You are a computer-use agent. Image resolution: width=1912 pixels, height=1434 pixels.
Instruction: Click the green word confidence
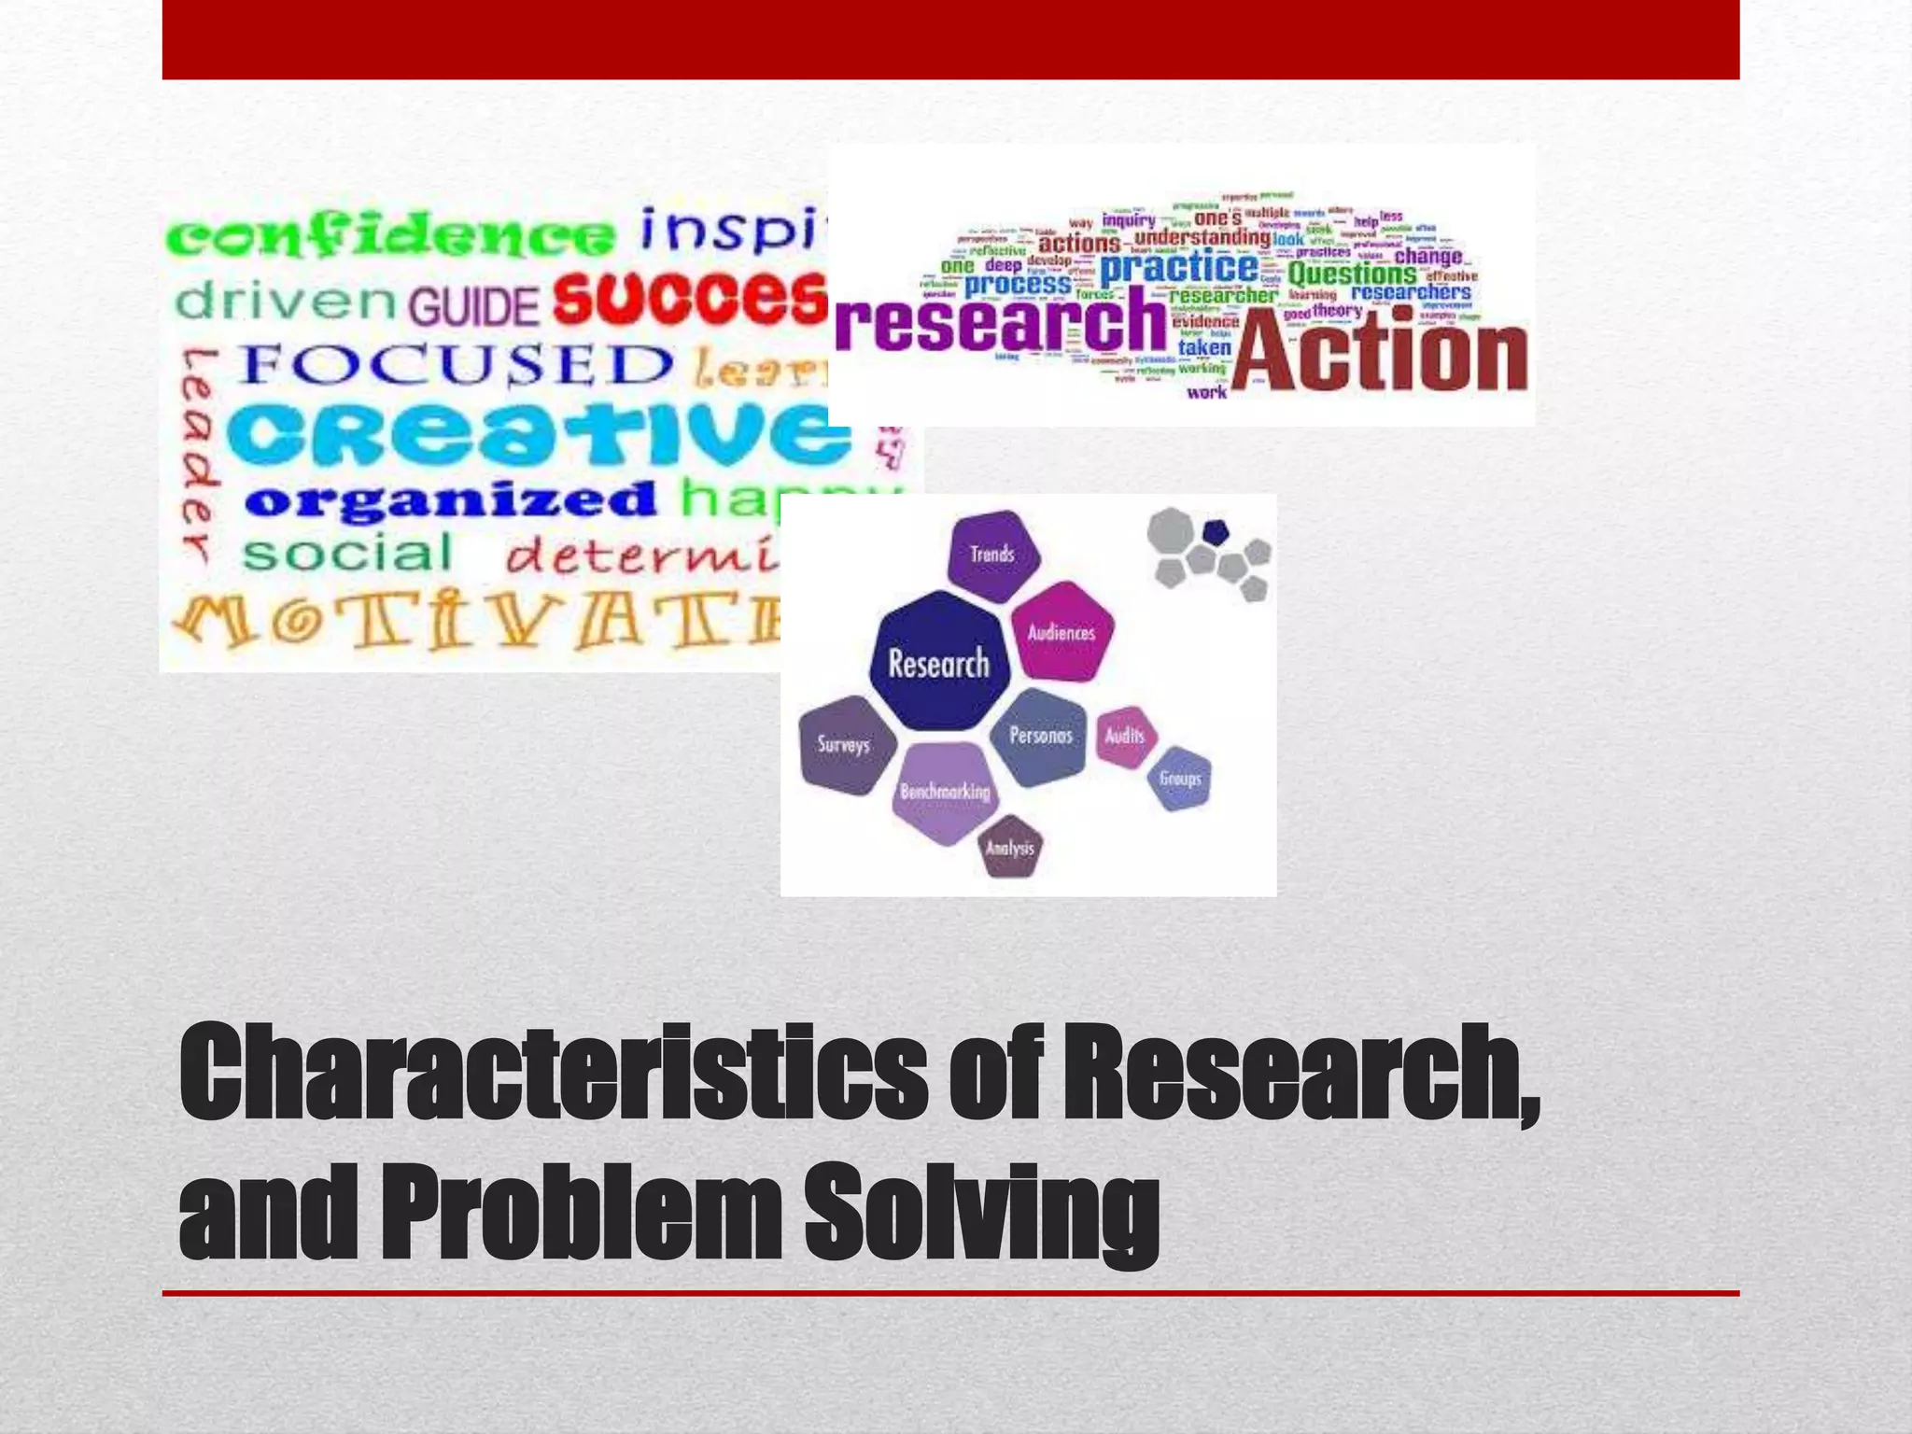click(390, 235)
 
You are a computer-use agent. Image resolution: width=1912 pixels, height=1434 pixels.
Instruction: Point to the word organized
click(451, 500)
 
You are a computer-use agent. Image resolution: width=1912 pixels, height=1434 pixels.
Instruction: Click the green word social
click(347, 554)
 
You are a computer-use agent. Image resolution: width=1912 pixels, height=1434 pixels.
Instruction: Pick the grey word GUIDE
click(473, 305)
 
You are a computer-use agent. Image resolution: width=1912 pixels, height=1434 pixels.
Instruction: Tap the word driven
click(287, 301)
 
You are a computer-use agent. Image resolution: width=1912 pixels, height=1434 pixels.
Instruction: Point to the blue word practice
click(1179, 268)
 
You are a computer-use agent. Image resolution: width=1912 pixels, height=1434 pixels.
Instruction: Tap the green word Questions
click(1352, 274)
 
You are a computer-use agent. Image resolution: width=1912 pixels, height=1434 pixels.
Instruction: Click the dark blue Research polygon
click(939, 662)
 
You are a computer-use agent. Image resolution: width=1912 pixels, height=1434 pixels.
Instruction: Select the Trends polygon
click(992, 555)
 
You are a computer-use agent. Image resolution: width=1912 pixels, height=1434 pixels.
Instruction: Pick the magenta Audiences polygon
click(1061, 632)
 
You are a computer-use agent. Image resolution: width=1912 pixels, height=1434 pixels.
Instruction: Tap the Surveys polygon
click(844, 744)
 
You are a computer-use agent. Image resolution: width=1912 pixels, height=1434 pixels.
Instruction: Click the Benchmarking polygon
click(945, 792)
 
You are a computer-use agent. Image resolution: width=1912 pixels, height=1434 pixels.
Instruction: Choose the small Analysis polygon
click(1010, 848)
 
